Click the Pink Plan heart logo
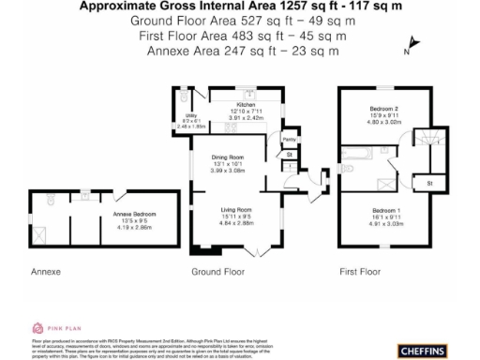(x=38, y=327)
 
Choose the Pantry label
(x=289, y=137)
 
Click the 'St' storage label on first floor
(x=428, y=182)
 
